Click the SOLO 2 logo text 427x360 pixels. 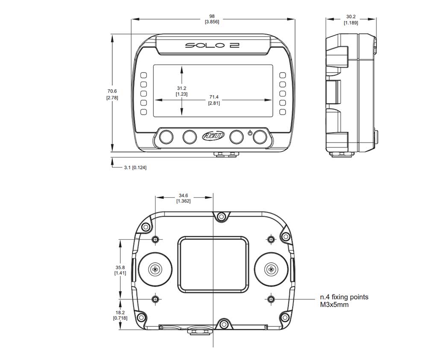212,45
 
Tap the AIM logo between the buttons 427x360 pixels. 212,137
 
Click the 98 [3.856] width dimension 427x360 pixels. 212,19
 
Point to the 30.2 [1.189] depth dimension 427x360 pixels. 351,20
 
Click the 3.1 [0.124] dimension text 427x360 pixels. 135,168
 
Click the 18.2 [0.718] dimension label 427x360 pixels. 120,315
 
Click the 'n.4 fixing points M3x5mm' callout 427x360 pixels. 344,301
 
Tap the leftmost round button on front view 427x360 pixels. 166,137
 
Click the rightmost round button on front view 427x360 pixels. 260,137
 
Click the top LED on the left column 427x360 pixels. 144,75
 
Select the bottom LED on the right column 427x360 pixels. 282,112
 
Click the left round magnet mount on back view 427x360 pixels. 155,269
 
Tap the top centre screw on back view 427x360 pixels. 221,217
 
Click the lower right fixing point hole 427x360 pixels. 270,299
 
